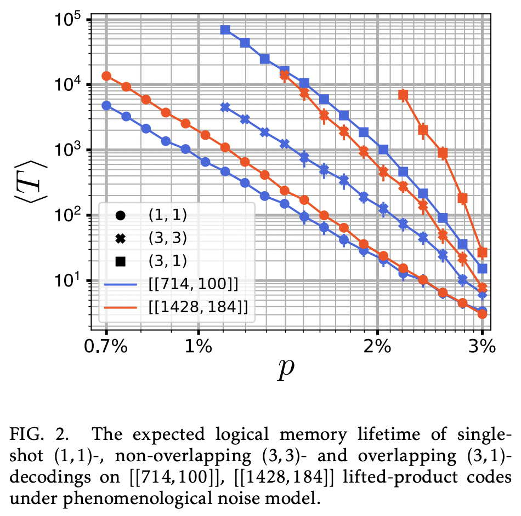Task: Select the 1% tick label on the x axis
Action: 199,347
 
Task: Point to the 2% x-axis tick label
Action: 377,347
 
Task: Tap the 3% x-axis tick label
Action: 482,347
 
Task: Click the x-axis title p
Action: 285,372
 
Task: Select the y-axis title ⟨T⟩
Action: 30,176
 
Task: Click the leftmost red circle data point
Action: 106,76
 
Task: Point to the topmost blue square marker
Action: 225,30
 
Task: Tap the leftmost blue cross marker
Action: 225,107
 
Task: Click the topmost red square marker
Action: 403,95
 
